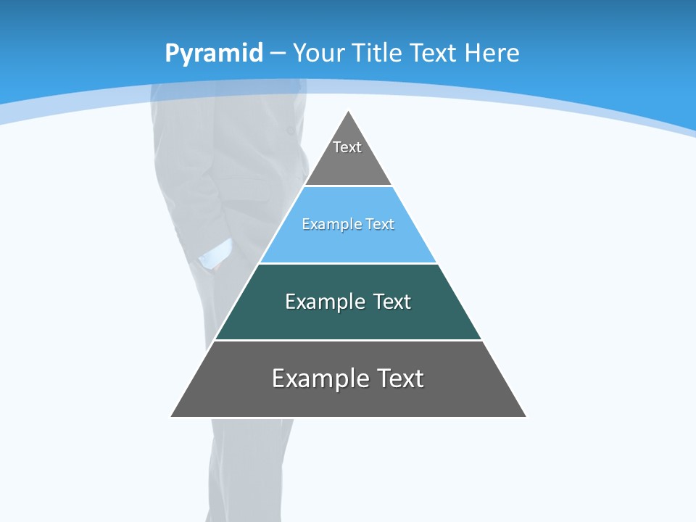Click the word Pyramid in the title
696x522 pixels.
(x=213, y=54)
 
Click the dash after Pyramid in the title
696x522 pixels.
(x=277, y=54)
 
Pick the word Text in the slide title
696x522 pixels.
(x=434, y=53)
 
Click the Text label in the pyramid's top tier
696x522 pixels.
(x=347, y=147)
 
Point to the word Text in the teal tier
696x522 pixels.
(x=391, y=302)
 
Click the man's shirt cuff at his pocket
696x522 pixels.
(x=215, y=254)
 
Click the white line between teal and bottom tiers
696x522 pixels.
(x=348, y=340)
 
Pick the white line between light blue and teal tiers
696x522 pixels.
(x=348, y=263)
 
